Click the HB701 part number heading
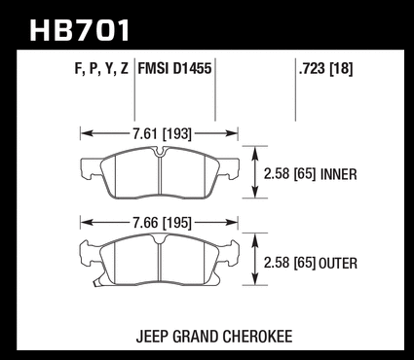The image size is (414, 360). [x=80, y=30]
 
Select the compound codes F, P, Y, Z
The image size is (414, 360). [x=101, y=69]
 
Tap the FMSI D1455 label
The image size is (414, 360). [x=174, y=69]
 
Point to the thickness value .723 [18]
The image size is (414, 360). [x=325, y=69]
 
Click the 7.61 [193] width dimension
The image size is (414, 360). [x=162, y=133]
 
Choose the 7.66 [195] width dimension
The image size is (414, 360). [x=162, y=223]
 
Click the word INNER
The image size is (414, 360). [x=339, y=174]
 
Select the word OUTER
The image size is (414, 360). [x=338, y=263]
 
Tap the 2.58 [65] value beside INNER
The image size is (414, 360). [x=289, y=174]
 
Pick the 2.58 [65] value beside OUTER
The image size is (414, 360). [x=289, y=263]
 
